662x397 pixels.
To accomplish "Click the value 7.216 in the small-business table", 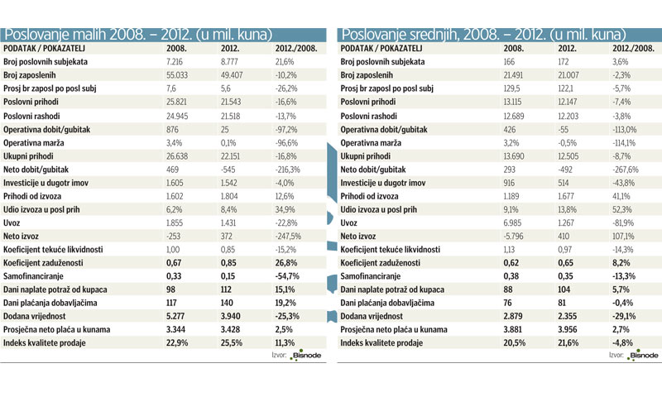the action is (x=175, y=61).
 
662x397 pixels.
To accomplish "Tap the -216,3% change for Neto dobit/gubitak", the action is (x=287, y=170).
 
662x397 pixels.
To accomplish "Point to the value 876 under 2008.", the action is (x=172, y=130).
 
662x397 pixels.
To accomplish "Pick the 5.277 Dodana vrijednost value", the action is (x=175, y=316).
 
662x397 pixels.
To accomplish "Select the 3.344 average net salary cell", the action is (x=175, y=329).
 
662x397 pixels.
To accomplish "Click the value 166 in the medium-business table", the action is (x=509, y=61).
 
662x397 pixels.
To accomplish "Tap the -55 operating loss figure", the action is (x=564, y=130).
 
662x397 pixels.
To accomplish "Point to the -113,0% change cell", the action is (x=625, y=130).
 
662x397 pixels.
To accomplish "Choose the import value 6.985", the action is (x=512, y=222).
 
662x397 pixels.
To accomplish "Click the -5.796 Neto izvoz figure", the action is (x=513, y=237).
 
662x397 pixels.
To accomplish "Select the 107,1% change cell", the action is (x=623, y=237).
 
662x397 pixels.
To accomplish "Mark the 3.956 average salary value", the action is (x=567, y=329).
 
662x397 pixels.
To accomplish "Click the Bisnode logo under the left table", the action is (x=305, y=356).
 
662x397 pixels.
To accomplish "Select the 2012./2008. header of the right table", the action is (x=633, y=48).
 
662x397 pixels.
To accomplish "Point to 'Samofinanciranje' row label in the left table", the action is (x=33, y=276).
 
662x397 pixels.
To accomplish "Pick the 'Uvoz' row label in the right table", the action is (x=348, y=222).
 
